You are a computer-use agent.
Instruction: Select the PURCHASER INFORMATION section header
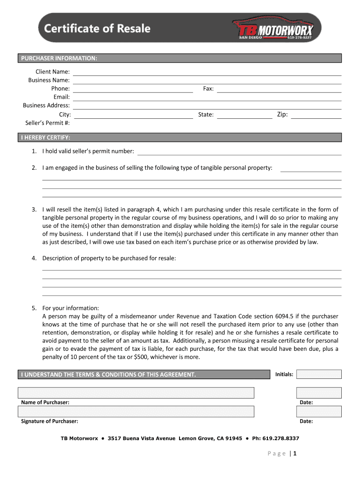58,58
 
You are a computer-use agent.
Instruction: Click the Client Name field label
53,72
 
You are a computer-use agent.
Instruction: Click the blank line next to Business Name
207,80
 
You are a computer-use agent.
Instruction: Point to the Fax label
208,88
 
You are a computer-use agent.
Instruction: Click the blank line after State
245,115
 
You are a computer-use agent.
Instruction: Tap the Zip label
282,115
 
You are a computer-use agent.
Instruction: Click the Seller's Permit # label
47,123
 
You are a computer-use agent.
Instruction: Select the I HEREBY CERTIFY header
45,138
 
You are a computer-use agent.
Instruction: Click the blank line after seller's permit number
239,152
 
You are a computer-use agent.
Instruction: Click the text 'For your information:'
71,308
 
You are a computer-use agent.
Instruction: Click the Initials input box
319,374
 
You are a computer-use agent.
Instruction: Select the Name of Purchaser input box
136,393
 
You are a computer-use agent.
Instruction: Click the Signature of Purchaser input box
136,412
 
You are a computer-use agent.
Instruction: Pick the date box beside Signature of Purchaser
319,412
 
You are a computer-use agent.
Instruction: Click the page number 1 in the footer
295,453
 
